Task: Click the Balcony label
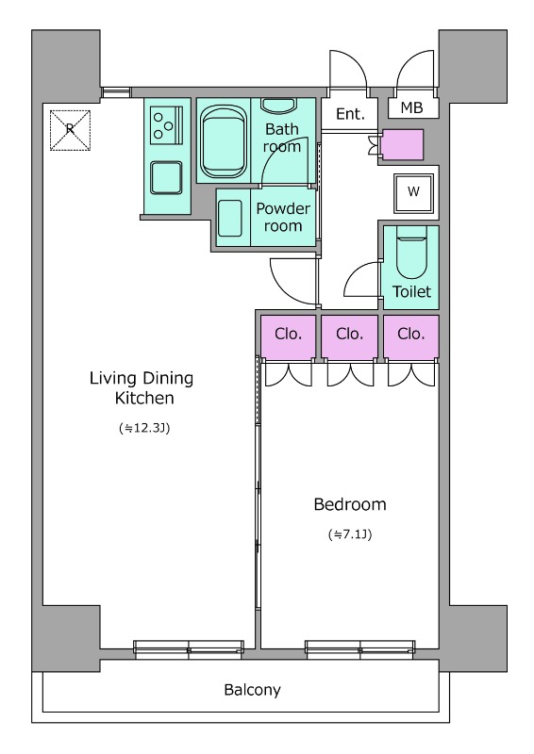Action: [252, 690]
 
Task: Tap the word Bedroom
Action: [350, 504]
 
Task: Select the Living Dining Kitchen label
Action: [142, 387]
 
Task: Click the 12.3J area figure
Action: [144, 428]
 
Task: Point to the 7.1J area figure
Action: [350, 534]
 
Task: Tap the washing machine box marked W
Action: [413, 192]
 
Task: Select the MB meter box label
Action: [411, 107]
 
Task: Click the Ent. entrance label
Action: [350, 113]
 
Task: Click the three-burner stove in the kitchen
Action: [167, 125]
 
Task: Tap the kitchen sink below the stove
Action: [166, 177]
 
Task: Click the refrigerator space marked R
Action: [71, 130]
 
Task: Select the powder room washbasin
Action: [229, 219]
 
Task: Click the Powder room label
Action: [283, 217]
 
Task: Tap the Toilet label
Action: [411, 291]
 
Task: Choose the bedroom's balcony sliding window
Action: [360, 649]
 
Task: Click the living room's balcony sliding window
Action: [189, 649]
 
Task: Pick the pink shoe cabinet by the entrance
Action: [402, 144]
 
